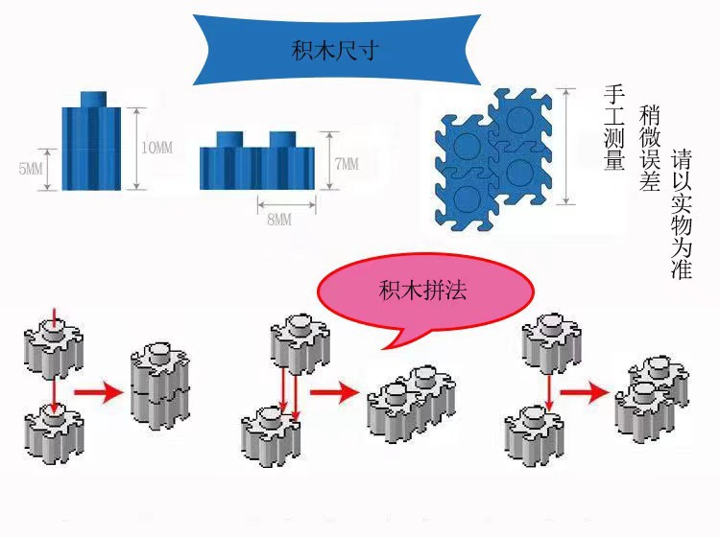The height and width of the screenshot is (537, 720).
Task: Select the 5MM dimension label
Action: tap(31, 169)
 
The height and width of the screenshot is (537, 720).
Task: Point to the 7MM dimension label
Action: tap(346, 164)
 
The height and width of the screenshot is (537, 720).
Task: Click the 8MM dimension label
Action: tap(278, 220)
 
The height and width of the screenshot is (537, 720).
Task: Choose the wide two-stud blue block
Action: tap(256, 160)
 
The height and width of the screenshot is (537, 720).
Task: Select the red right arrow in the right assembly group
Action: tap(586, 392)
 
